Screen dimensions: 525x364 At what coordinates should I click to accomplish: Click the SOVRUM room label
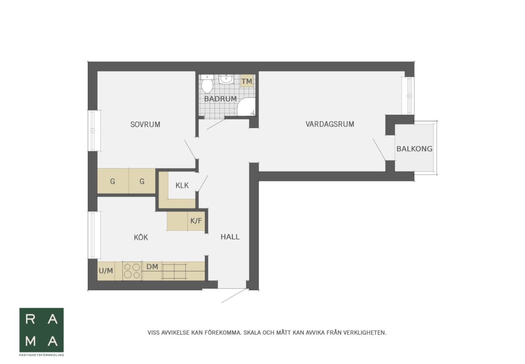tap(145, 124)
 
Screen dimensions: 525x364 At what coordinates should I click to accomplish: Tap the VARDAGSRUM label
tap(330, 124)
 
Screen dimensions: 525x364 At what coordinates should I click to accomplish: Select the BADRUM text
tap(220, 99)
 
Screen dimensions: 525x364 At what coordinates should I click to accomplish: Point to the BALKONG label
tap(414, 149)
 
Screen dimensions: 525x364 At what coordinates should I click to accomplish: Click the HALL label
tap(230, 237)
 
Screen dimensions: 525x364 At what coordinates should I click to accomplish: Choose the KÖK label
tap(141, 237)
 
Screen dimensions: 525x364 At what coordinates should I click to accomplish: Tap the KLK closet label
tap(182, 186)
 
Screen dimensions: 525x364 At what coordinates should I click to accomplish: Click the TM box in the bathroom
tap(247, 81)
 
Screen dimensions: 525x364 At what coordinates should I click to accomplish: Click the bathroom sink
tap(226, 79)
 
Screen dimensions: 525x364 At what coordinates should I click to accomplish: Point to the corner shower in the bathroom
tap(246, 107)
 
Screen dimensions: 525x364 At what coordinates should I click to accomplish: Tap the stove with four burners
tap(132, 271)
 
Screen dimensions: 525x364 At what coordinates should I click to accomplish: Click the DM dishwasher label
tap(152, 267)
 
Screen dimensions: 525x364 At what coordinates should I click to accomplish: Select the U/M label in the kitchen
tap(106, 271)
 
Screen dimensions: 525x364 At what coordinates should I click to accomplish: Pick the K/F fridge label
tap(196, 221)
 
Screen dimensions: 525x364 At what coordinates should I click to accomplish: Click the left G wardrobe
tap(113, 181)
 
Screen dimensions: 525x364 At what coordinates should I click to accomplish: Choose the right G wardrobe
tap(142, 181)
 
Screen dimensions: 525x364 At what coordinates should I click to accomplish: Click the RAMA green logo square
tap(42, 330)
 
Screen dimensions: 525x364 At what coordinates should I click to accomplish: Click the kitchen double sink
tap(174, 271)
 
